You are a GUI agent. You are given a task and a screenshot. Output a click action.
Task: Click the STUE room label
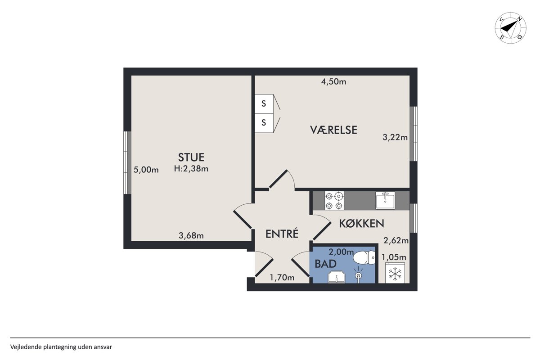(x=191, y=157)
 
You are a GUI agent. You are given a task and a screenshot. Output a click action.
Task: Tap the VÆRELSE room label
(x=333, y=130)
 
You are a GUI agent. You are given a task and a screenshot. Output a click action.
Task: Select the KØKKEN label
(x=362, y=224)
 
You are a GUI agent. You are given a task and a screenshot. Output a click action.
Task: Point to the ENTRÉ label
(x=282, y=234)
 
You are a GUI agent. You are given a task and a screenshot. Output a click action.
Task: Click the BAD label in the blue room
(x=325, y=264)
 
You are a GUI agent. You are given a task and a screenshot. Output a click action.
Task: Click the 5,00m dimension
(x=146, y=170)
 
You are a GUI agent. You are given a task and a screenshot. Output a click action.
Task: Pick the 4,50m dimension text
(x=333, y=82)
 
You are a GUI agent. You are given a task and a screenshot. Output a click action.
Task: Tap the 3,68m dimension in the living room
(x=191, y=235)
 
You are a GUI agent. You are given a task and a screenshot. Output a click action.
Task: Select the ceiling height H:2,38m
(x=191, y=169)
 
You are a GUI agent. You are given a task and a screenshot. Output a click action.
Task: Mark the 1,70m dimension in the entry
(x=282, y=278)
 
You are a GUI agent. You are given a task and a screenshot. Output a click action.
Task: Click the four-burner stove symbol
(x=334, y=200)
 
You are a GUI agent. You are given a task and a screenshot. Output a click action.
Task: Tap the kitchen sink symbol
(x=385, y=200)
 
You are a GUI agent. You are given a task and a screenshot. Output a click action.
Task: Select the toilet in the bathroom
(x=364, y=257)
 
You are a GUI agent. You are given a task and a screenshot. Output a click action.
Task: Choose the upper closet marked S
(x=264, y=103)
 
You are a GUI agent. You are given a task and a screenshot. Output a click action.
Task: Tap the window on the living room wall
(x=127, y=162)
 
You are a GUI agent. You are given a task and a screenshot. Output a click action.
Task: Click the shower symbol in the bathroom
(x=359, y=275)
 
